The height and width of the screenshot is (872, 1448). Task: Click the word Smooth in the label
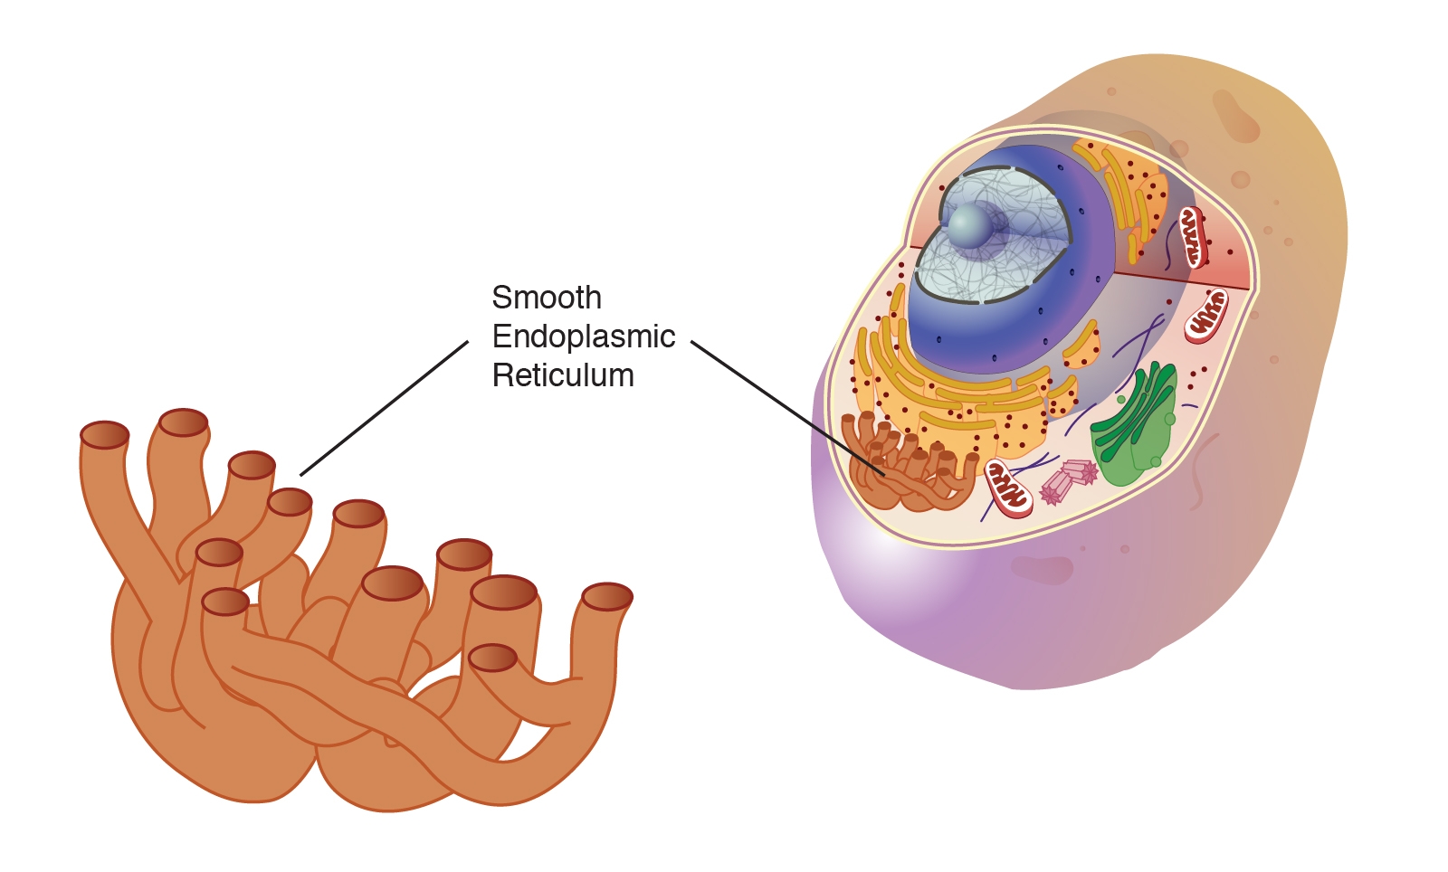(546, 298)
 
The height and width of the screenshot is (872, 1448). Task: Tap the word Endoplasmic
(584, 336)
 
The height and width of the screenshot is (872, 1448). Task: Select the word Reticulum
(563, 375)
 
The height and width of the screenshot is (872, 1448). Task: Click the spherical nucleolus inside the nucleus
(969, 225)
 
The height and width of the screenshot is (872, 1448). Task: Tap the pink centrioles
(1068, 479)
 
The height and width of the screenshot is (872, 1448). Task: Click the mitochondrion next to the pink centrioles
(1008, 488)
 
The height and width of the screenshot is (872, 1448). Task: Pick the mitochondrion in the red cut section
(1192, 236)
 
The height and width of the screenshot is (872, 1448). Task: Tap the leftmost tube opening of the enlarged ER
(105, 434)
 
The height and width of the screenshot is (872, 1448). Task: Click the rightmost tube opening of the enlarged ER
(606, 597)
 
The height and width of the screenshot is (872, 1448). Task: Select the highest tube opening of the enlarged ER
(184, 422)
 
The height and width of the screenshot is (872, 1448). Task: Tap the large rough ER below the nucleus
(959, 398)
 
